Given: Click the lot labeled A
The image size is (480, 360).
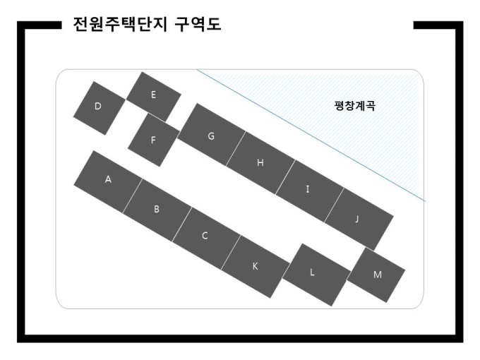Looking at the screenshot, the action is pyautogui.click(x=108, y=182).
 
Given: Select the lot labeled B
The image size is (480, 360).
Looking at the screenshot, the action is pyautogui.click(x=157, y=210).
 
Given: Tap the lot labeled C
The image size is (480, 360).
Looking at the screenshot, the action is pyautogui.click(x=206, y=239).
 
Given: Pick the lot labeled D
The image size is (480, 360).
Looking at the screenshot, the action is pyautogui.click(x=100, y=108).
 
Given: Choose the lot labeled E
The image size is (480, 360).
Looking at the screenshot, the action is pyautogui.click(x=154, y=97).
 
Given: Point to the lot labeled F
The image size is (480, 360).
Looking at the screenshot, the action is pyautogui.click(x=154, y=140).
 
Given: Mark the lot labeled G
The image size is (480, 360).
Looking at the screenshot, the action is pyautogui.click(x=212, y=135).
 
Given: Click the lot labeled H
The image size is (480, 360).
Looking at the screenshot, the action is pyautogui.click(x=260, y=163).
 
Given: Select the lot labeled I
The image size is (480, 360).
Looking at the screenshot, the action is pyautogui.click(x=309, y=191).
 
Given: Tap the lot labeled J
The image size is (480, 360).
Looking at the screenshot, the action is pyautogui.click(x=359, y=220).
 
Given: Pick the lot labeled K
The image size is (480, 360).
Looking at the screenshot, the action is pyautogui.click(x=256, y=267).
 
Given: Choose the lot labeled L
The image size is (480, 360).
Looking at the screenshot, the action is pyautogui.click(x=316, y=275).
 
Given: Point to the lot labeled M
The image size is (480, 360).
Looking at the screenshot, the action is pyautogui.click(x=376, y=275).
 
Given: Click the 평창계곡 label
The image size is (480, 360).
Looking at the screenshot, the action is pyautogui.click(x=355, y=106).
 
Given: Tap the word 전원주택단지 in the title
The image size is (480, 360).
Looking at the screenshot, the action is pyautogui.click(x=120, y=24).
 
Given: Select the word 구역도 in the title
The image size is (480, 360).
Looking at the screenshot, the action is pyautogui.click(x=198, y=24).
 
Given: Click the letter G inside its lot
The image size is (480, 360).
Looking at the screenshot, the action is pyautogui.click(x=211, y=136).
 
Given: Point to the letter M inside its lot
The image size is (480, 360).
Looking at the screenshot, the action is pyautogui.click(x=378, y=275).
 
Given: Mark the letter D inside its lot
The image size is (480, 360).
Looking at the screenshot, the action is pyautogui.click(x=97, y=106).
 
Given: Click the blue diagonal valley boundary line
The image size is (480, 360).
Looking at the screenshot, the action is pyautogui.click(x=311, y=136).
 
